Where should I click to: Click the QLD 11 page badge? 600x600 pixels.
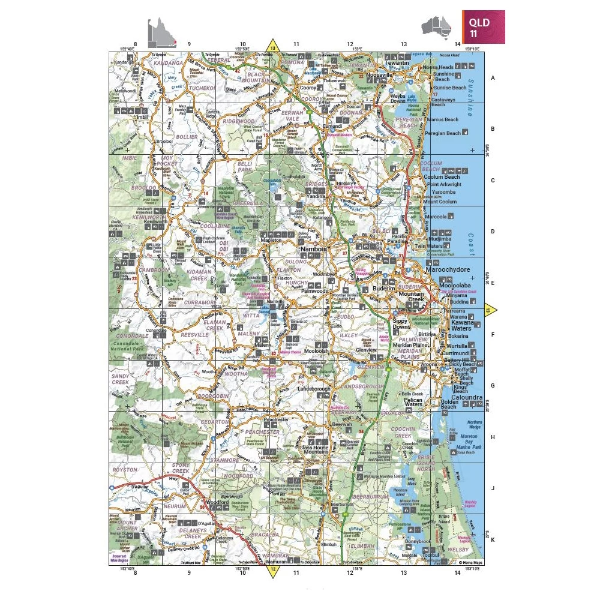[x=482, y=27]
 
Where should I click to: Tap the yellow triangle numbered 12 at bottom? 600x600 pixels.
[x=273, y=571]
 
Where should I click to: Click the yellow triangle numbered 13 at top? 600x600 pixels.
[x=273, y=47]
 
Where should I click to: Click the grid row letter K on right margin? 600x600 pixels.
[x=493, y=540]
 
